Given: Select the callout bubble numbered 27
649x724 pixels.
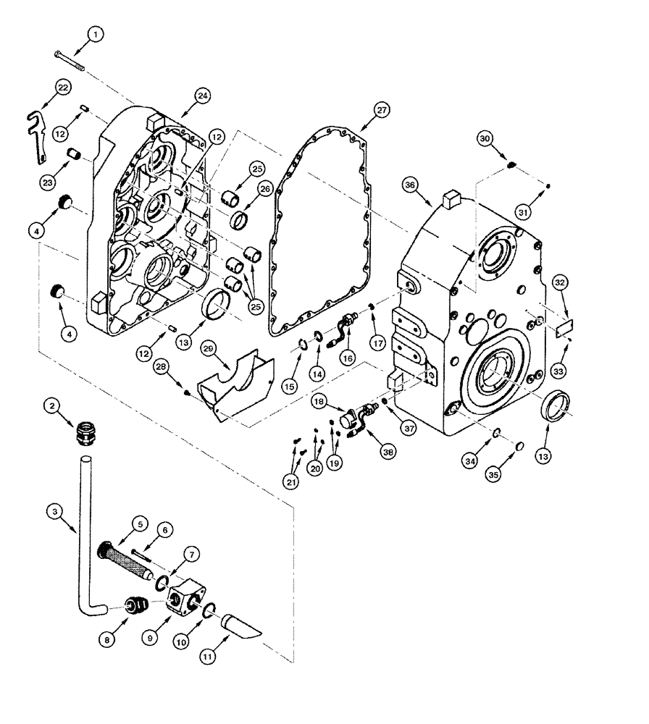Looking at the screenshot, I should [x=381, y=110].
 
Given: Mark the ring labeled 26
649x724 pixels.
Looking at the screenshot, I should [x=240, y=218].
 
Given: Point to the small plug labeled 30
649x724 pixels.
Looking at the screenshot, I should [x=509, y=167].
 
